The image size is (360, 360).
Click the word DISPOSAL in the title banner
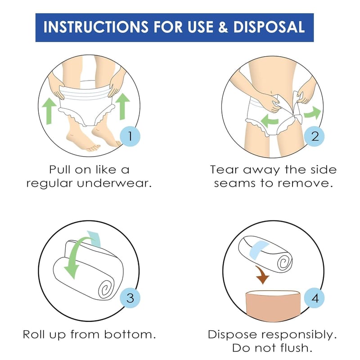269,27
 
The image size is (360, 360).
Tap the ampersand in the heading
223,27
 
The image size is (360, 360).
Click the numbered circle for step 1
130,136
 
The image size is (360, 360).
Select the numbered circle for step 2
315,136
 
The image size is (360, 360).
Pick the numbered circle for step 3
130,298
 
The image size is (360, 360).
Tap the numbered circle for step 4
315,298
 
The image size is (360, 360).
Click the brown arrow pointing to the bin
262,274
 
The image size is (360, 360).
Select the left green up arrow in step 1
49,111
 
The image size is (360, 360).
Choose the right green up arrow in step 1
122,106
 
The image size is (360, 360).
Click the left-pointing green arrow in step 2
270,121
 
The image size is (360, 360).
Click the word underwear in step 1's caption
114,184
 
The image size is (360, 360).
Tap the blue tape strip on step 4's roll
259,250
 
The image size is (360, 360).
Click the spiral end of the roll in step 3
106,289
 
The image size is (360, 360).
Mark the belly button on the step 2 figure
272,92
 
